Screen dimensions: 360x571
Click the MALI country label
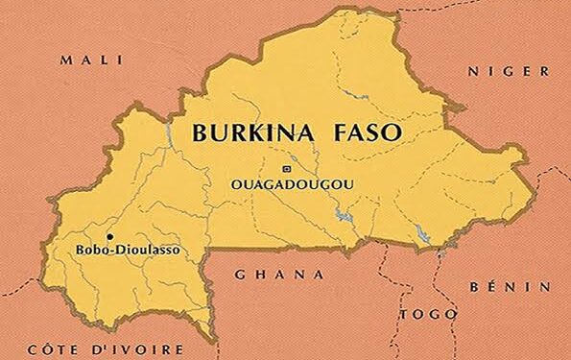point(93,60)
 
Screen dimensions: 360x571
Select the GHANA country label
point(279,274)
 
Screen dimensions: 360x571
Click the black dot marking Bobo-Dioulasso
point(109,235)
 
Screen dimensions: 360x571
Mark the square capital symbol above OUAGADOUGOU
point(285,169)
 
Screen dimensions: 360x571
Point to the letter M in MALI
point(66,60)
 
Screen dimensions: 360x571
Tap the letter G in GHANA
point(241,274)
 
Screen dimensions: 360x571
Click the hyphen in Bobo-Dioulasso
point(107,252)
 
